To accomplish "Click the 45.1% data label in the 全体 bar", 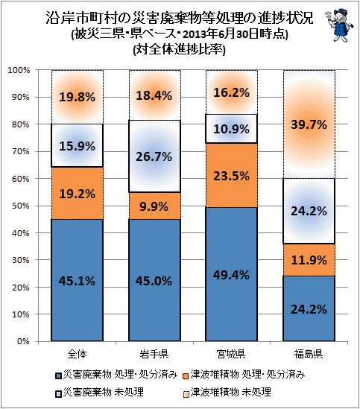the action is coord(77,281).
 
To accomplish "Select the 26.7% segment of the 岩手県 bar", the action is coord(154,156).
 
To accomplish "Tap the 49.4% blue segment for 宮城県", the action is coord(232,274).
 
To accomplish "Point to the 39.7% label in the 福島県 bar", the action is coord(309,124).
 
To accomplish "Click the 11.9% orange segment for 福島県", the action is coord(309,260).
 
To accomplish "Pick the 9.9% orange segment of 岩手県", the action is coord(154,206).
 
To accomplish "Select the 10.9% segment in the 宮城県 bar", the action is coord(232,129).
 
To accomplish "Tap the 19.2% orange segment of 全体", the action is coord(77,193).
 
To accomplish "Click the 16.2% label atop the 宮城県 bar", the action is coord(232,92).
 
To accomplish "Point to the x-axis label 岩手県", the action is coord(154,354).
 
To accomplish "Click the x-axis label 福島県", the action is coord(309,354).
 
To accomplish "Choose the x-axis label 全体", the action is coord(77,354).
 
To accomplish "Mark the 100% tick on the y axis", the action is coord(19,70).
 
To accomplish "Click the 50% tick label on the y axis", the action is coord(21,206).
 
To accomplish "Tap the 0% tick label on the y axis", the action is coord(22,341).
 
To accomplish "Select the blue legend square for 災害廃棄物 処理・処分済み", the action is coord(58,376).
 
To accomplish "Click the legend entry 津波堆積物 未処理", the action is coord(227,392).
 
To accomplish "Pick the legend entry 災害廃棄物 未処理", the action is coord(99,392).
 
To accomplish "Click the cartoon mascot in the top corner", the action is coord(339,25).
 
